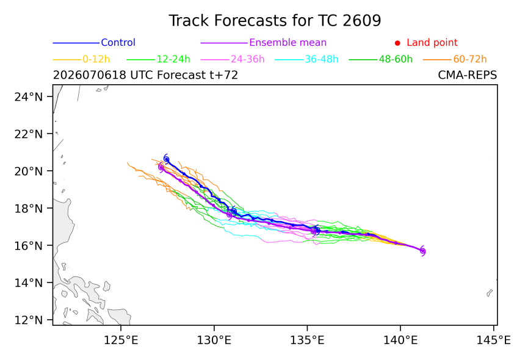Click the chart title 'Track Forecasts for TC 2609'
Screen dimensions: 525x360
pyautogui.click(x=275, y=21)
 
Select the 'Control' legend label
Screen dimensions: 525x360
pyautogui.click(x=118, y=43)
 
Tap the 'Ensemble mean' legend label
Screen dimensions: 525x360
pyautogui.click(x=288, y=43)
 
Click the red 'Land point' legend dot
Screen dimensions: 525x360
pyautogui.click(x=397, y=43)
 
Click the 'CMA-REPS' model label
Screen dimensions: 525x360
pyautogui.click(x=468, y=75)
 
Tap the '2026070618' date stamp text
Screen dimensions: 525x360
pyautogui.click(x=90, y=75)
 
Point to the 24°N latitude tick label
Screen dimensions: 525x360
pyautogui.click(x=29, y=96)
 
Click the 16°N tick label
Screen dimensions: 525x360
pyautogui.click(x=29, y=245)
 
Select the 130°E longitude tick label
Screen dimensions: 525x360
pyautogui.click(x=214, y=340)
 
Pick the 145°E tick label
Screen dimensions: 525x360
pyautogui.click(x=493, y=340)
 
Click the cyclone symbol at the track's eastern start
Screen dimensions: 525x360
pyautogui.click(x=422, y=251)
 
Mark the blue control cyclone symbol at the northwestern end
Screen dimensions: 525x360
pyautogui.click(x=166, y=159)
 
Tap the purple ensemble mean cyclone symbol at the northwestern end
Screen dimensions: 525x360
pyautogui.click(x=161, y=167)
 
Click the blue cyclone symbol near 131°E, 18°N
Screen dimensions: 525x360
pyautogui.click(x=234, y=211)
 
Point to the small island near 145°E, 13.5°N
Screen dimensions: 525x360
pyautogui.click(x=490, y=293)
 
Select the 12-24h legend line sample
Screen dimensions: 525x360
pyautogui.click(x=140, y=60)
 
